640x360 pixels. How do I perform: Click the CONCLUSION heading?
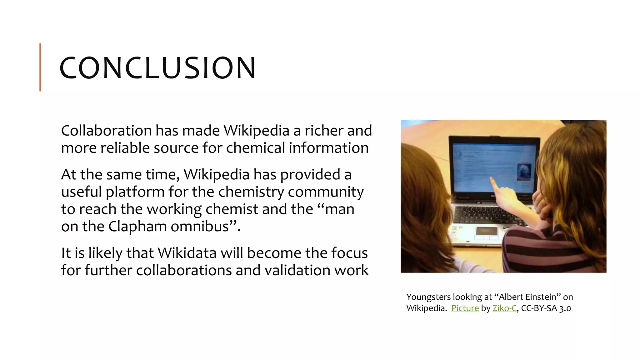157,68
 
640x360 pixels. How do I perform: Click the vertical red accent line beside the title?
40,67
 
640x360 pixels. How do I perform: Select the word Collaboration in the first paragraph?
106,131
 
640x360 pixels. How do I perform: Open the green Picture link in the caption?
465,308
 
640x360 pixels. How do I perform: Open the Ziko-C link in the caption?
504,308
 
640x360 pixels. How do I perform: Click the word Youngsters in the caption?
428,297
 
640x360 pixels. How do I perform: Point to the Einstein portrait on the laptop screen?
524,172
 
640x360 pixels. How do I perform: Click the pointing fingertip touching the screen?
491,179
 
